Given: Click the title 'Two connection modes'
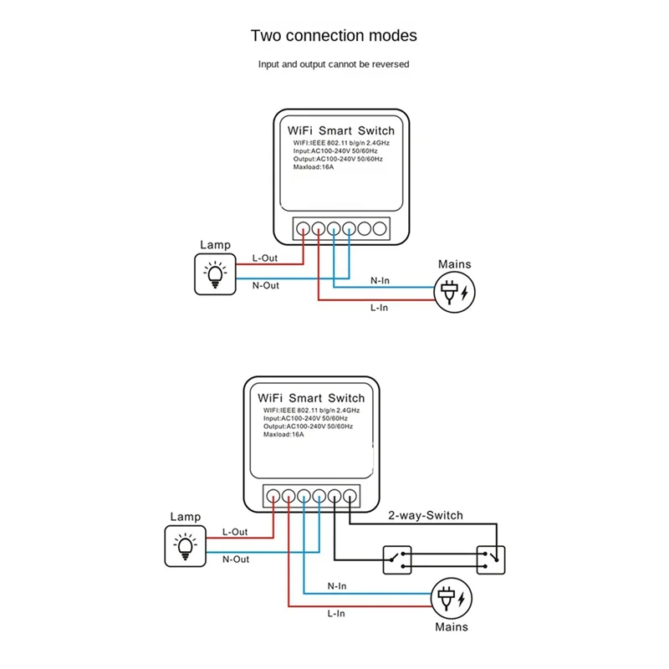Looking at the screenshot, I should tap(334, 36).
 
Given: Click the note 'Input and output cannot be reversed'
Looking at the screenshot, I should tap(334, 64).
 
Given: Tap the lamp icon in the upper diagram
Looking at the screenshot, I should tap(215, 273).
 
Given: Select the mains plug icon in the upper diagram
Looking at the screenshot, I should tap(454, 292).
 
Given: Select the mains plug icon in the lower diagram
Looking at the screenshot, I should tap(451, 599).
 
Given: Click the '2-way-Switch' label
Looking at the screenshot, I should tap(425, 516).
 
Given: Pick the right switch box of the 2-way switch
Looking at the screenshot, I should tap(493, 559).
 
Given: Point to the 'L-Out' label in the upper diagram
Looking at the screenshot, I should tap(265, 258).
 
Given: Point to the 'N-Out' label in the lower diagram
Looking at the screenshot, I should tap(236, 559).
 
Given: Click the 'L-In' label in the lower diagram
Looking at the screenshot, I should tap(338, 614).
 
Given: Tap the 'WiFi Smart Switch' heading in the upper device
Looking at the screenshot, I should tap(340, 131).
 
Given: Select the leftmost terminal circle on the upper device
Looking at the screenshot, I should tap(304, 227).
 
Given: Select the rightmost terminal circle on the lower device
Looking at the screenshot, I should tap(350, 493).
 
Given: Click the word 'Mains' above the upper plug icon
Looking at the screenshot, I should tap(454, 264).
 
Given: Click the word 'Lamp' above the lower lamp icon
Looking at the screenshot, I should tap(185, 518).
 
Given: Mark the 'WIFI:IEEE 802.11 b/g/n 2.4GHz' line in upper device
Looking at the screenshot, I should tap(341, 144).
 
